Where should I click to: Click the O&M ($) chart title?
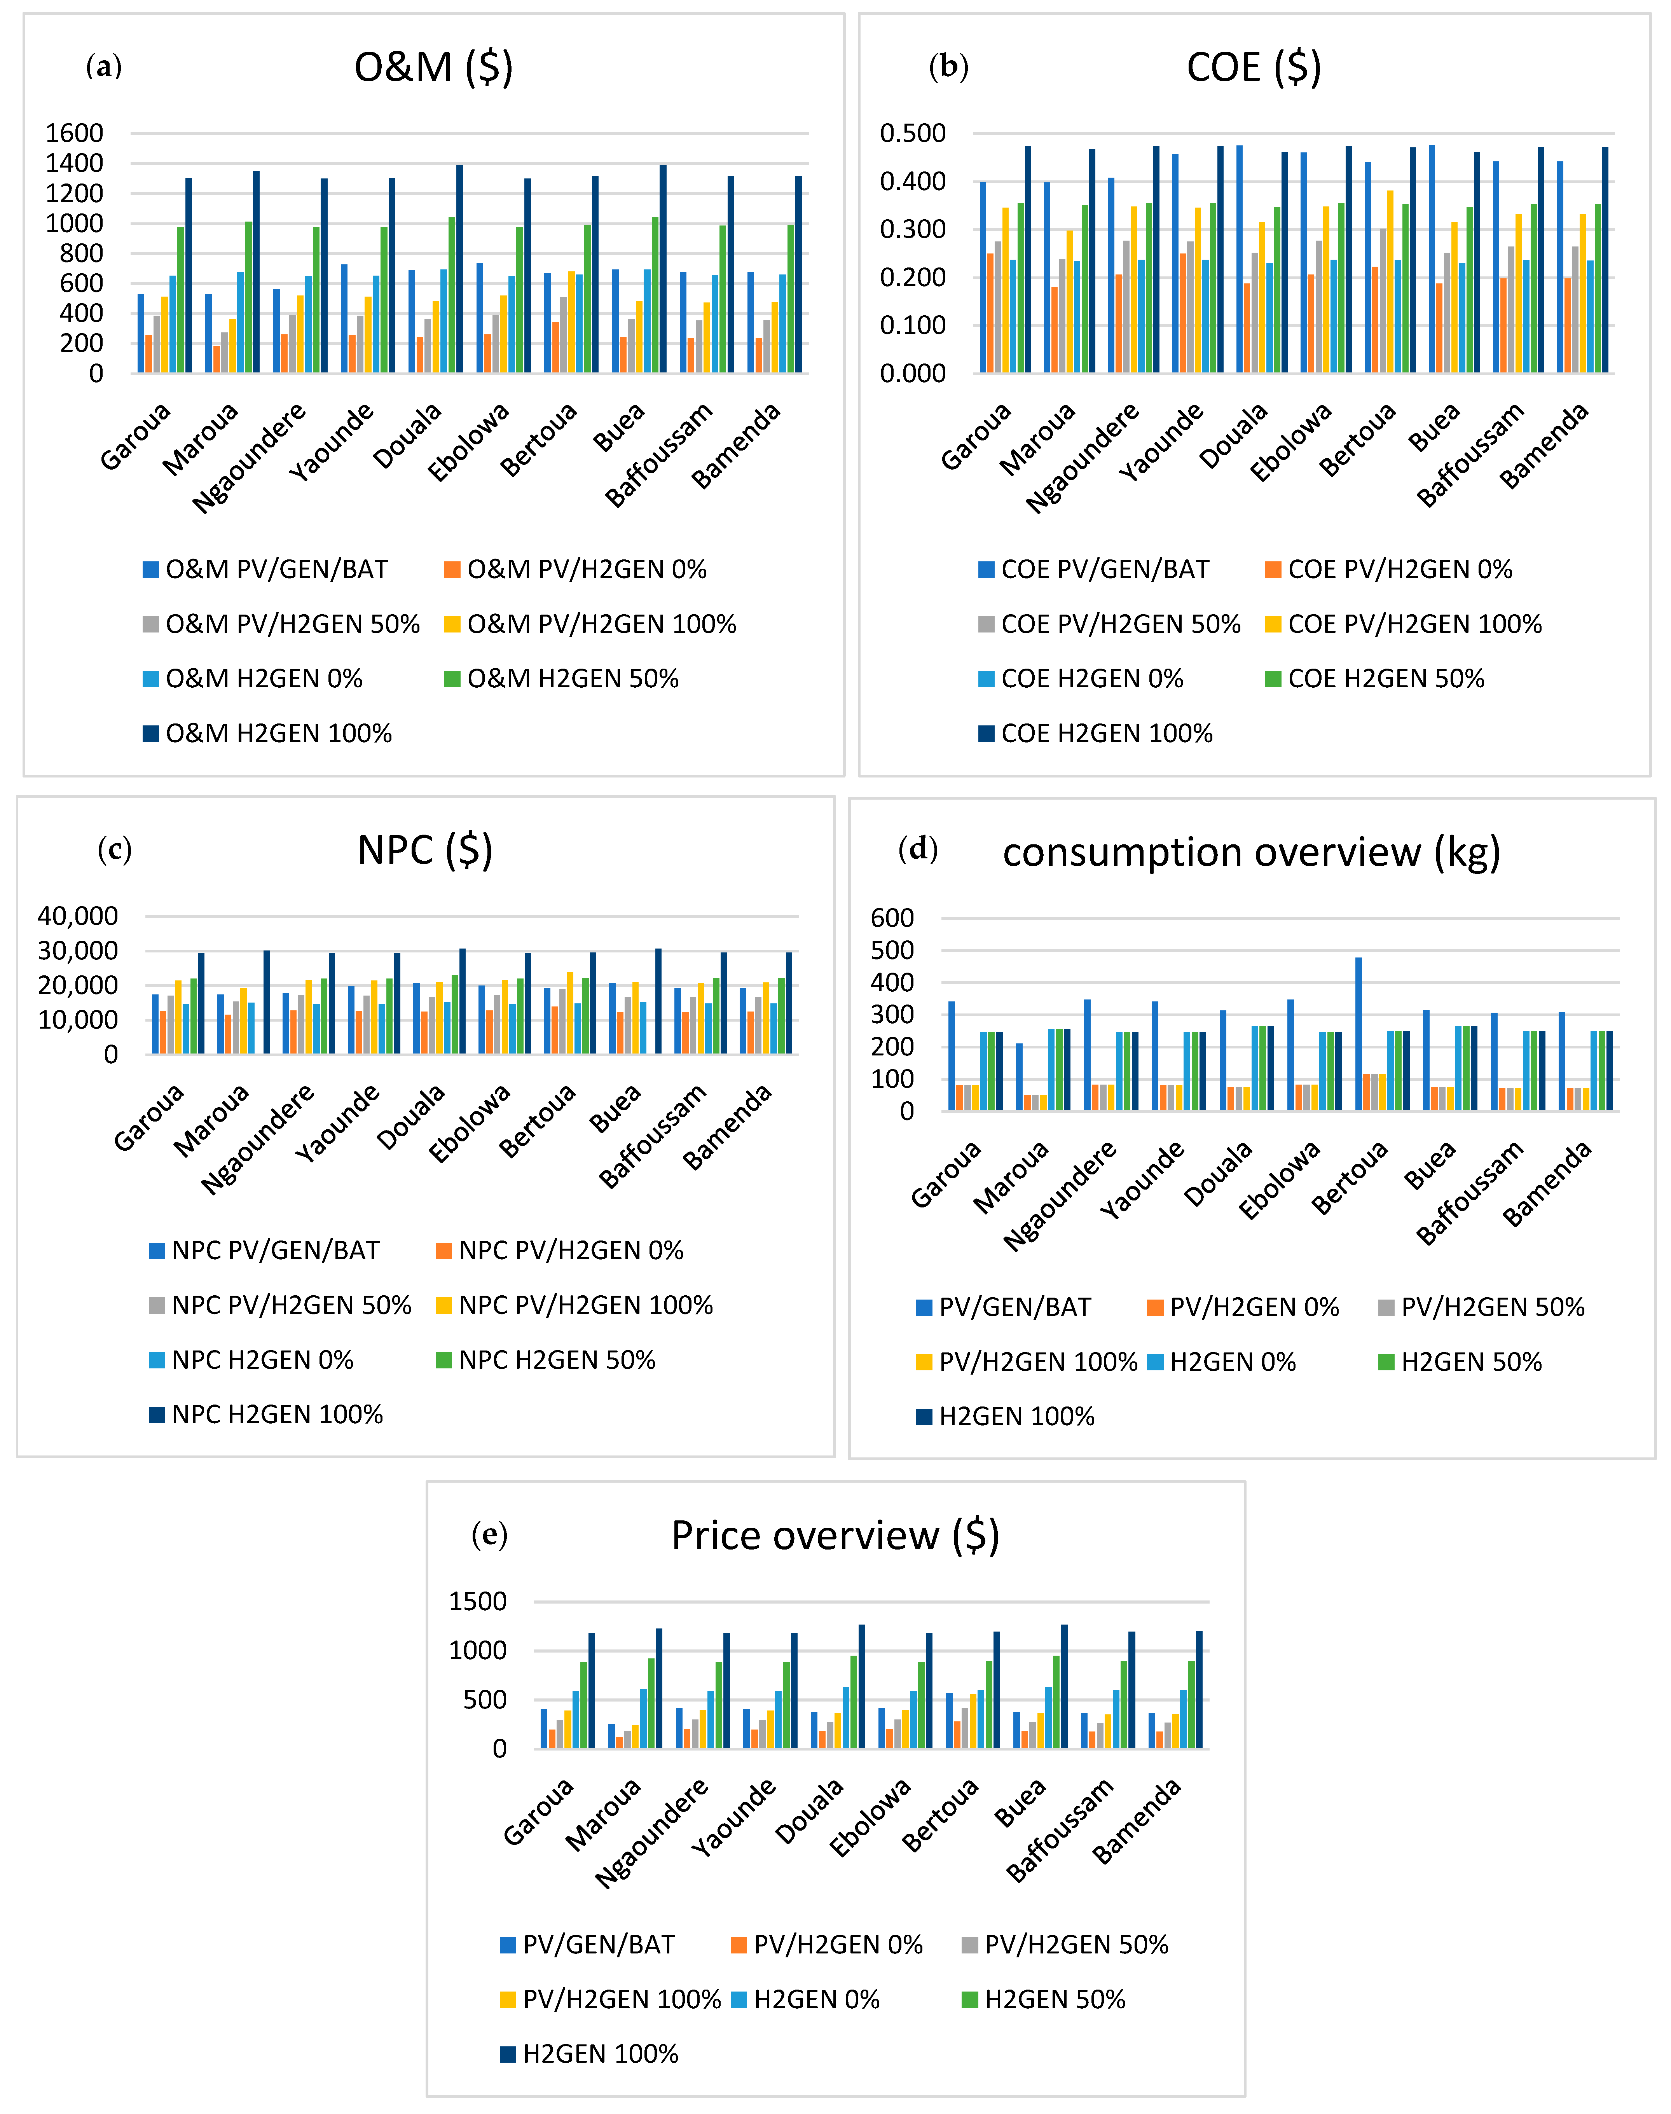tap(433, 68)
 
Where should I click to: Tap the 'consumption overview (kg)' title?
tap(1251, 852)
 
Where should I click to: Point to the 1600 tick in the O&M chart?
tap(74, 133)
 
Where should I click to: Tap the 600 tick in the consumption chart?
tap(892, 917)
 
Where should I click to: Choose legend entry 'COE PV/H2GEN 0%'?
tap(1399, 570)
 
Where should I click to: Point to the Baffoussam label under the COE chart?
tap(1470, 454)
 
